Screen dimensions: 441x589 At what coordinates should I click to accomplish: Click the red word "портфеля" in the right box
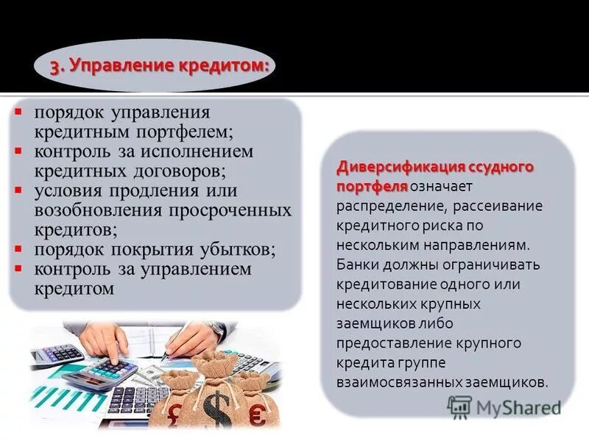pyautogui.click(x=372, y=186)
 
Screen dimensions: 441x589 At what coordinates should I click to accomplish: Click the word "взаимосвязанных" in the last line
pyautogui.click(x=398, y=383)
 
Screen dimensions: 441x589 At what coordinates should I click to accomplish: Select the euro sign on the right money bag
pyautogui.click(x=258, y=416)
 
